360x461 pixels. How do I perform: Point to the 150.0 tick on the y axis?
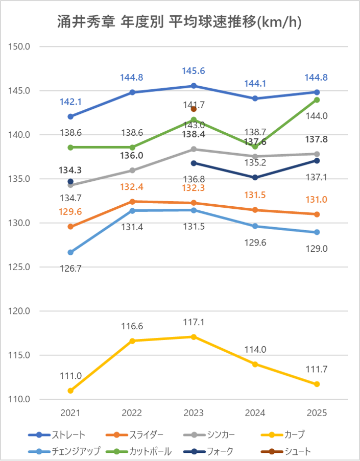[21, 46]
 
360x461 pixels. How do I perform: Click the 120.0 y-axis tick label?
[21, 311]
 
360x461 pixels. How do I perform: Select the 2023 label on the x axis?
[194, 413]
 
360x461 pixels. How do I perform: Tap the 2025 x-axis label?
[317, 413]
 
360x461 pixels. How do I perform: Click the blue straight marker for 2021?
[70, 116]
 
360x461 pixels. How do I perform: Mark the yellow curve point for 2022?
[132, 341]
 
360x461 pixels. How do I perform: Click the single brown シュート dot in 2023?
[194, 109]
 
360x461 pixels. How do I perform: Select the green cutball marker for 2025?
[317, 100]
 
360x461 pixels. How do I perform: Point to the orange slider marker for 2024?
[255, 210]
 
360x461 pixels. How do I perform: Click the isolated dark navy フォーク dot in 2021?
[70, 181]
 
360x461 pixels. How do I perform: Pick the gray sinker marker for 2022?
[132, 170]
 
